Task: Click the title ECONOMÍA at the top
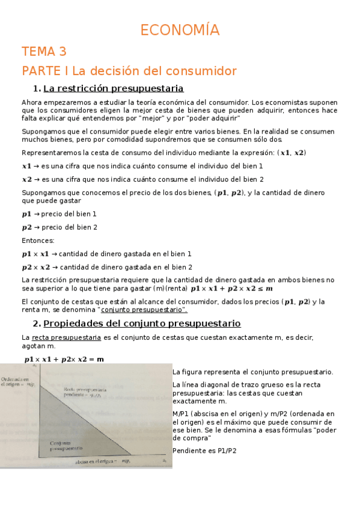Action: point(180,30)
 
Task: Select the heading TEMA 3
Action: point(44,51)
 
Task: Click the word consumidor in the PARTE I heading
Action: point(204,71)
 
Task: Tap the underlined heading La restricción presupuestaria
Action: point(114,89)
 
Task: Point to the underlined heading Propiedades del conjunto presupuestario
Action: point(142,324)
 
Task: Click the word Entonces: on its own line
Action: point(37,241)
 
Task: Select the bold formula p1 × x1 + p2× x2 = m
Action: point(64,359)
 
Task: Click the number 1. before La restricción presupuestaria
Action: point(37,89)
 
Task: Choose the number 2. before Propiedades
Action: point(37,324)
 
